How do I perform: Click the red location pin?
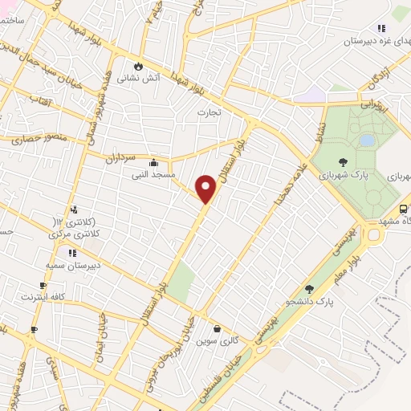206,188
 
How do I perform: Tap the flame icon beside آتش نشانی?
137,66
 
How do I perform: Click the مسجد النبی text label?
154,174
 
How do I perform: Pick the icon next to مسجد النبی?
153,162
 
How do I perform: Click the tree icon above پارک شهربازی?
343,162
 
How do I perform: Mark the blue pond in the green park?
367,140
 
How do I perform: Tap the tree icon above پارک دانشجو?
309,289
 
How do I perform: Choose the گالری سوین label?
217,340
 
